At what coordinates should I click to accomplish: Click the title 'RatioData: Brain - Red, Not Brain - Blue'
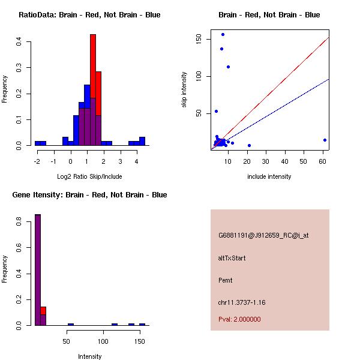(89, 14)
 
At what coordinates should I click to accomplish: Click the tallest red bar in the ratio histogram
(93, 72)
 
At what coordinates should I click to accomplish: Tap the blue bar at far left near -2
(40, 143)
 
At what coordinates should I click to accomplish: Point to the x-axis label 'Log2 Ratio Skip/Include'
(89, 176)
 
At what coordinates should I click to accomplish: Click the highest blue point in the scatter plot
(223, 34)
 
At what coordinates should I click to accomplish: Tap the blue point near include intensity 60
(325, 140)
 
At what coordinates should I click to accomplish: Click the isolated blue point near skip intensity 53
(216, 111)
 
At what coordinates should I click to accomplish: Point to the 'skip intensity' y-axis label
(184, 90)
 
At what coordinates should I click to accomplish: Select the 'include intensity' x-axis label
(269, 176)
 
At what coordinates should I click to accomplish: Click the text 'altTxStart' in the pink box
(232, 258)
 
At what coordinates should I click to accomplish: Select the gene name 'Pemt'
(225, 280)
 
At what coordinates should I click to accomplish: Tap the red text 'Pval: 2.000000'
(239, 319)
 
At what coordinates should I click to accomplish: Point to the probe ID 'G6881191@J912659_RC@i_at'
(263, 236)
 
